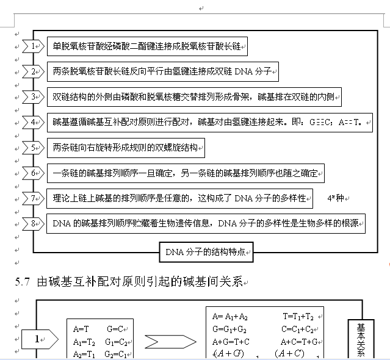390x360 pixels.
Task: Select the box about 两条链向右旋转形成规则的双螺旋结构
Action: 126,148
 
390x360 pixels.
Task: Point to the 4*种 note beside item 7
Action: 336,198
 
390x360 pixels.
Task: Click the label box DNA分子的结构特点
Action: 206,251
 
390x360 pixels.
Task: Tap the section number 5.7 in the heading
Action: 22,282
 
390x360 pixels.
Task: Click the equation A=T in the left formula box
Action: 81,328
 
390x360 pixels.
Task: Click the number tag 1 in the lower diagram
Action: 38,339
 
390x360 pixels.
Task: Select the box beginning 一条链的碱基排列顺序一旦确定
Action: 186,173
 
